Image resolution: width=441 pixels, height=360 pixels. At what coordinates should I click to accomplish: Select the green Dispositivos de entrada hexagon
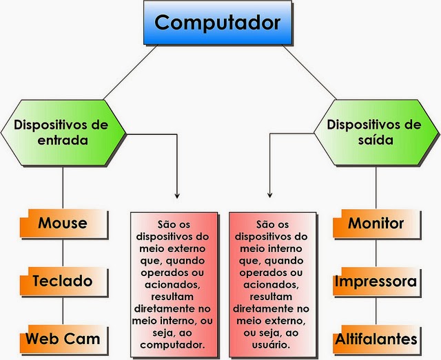click(x=61, y=131)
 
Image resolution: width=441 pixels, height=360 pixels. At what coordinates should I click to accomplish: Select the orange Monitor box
click(x=376, y=223)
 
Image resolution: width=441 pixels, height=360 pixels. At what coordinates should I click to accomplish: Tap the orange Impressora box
click(x=376, y=282)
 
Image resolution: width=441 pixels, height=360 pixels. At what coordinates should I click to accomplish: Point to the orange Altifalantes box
click(x=376, y=339)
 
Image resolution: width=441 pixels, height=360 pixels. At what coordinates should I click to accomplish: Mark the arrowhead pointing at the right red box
click(x=269, y=195)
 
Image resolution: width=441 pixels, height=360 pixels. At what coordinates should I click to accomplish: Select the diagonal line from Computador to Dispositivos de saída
click(x=314, y=74)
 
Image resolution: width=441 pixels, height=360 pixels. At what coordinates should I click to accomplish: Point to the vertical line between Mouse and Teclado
click(x=63, y=251)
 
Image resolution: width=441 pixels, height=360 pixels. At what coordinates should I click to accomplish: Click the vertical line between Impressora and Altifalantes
click(x=376, y=310)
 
